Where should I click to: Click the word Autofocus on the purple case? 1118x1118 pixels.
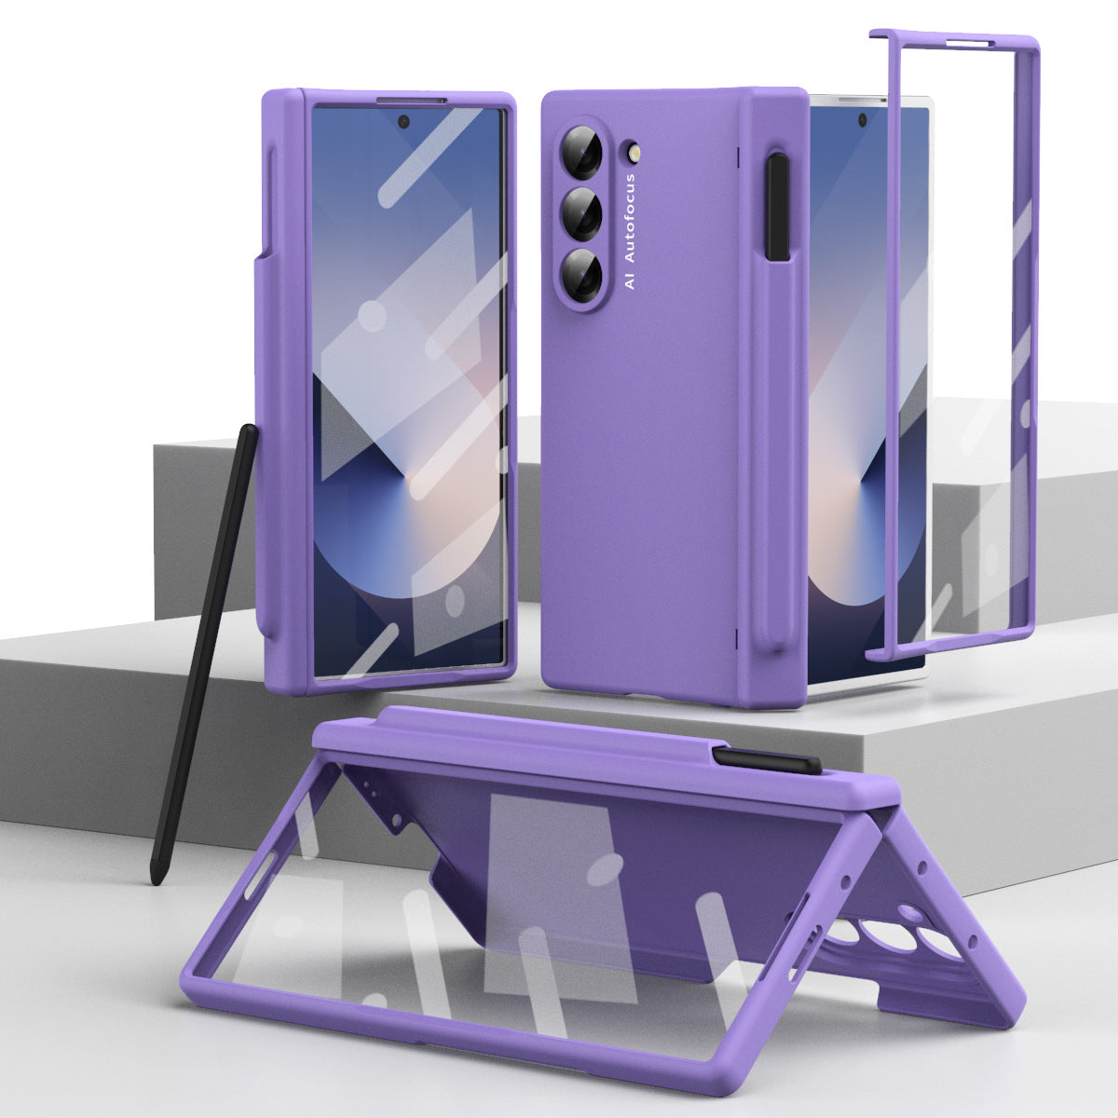630,219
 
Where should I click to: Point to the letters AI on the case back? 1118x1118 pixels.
630,279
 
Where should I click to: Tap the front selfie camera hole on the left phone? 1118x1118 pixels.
404,121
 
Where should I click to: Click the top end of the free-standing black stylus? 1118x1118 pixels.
250,430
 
